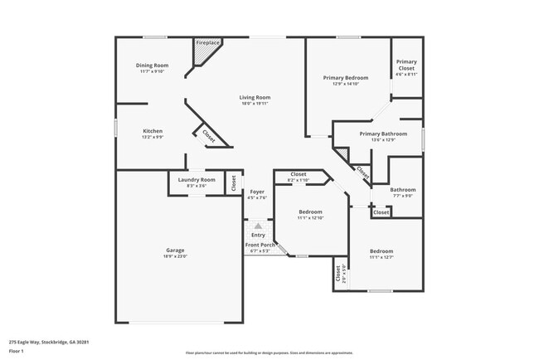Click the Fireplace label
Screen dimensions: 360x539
pyautogui.click(x=207, y=42)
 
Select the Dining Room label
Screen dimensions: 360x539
pyautogui.click(x=152, y=66)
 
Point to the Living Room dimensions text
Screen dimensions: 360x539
pyautogui.click(x=255, y=105)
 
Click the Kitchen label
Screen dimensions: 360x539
pyautogui.click(x=152, y=131)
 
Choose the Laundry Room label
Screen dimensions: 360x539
pyautogui.click(x=196, y=179)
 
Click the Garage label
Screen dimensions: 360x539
pyautogui.click(x=175, y=251)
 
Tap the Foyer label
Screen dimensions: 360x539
pyautogui.click(x=257, y=192)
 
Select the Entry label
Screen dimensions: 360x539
pyautogui.click(x=258, y=235)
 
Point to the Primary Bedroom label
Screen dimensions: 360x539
pyautogui.click(x=345, y=77)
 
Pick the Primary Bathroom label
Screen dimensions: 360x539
pyautogui.click(x=383, y=134)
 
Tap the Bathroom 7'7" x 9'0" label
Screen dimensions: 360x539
pyautogui.click(x=403, y=190)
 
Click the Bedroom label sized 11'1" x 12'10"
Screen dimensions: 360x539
pyautogui.click(x=310, y=212)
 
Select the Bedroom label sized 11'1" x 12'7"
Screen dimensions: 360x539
pyautogui.click(x=381, y=251)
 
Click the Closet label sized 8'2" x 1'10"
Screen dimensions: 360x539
pyautogui.click(x=298, y=174)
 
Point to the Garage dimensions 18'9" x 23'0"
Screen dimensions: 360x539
pyautogui.click(x=175, y=256)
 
